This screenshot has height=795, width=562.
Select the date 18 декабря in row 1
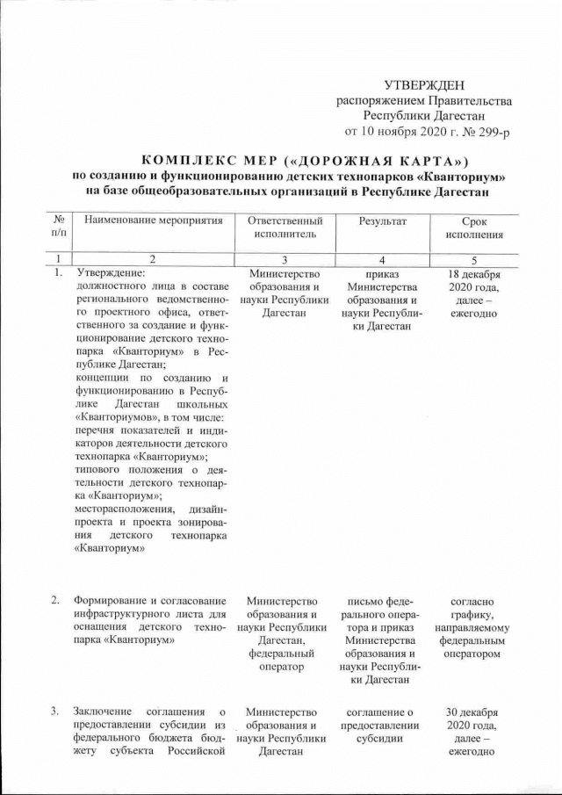(474, 273)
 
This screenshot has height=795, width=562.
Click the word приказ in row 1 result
(380, 273)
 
